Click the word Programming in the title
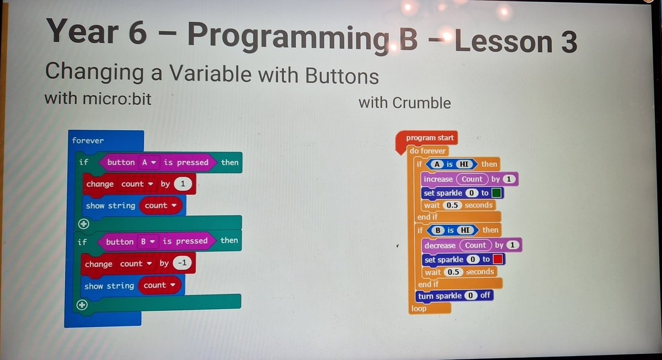[x=280, y=36]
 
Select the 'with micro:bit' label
[x=97, y=99]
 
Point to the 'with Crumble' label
[x=404, y=103]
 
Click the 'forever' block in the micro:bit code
[x=88, y=141]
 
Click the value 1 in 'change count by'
[x=183, y=184]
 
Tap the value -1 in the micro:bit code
[x=181, y=264]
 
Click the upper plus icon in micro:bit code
[x=83, y=224]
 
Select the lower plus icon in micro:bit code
[x=82, y=305]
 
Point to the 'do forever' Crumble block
[x=428, y=151]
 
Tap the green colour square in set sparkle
[x=496, y=193]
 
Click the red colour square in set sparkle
[x=498, y=259]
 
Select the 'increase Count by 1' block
[x=469, y=179]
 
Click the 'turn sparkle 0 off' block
[x=454, y=296]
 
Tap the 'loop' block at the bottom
[x=419, y=309]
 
